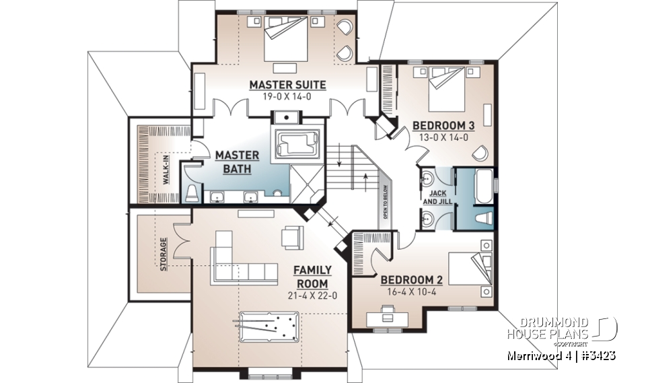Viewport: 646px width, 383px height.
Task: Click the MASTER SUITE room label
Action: click(x=287, y=85)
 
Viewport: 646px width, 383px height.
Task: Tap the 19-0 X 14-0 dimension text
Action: click(x=287, y=96)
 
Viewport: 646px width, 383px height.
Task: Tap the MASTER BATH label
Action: click(x=233, y=162)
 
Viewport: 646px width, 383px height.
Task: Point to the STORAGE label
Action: click(x=164, y=253)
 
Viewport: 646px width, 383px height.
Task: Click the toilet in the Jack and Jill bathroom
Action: click(x=480, y=218)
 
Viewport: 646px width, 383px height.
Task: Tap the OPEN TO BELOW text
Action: click(x=386, y=203)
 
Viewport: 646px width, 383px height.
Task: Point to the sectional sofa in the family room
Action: click(x=239, y=264)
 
